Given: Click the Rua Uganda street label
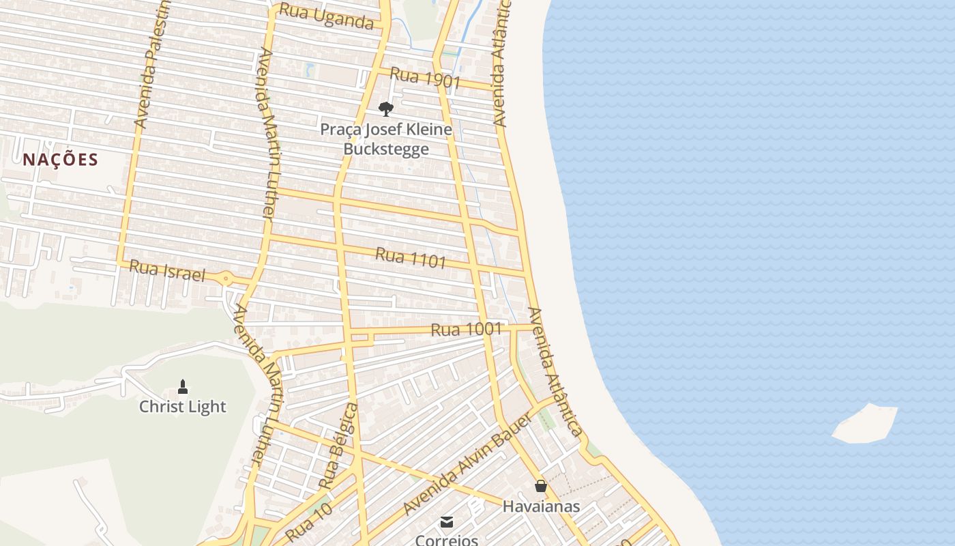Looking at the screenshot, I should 327,17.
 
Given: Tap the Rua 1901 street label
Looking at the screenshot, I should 426,78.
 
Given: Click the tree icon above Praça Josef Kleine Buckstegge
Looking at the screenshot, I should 386,109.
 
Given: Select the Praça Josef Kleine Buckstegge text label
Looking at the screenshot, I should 386,139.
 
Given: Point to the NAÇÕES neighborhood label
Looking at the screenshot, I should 61,160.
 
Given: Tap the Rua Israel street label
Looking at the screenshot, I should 167,270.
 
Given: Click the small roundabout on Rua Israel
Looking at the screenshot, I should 226,278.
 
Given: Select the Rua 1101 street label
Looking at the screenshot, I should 411,257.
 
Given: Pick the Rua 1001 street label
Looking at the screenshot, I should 467,330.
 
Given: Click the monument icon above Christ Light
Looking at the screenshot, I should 182,387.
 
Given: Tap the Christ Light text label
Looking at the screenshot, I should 182,407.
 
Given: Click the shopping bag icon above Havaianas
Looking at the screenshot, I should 541,486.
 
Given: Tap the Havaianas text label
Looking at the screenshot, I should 541,506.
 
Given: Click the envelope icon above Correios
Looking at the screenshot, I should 447,522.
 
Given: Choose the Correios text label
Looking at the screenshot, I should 447,540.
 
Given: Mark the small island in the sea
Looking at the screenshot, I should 865,423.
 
